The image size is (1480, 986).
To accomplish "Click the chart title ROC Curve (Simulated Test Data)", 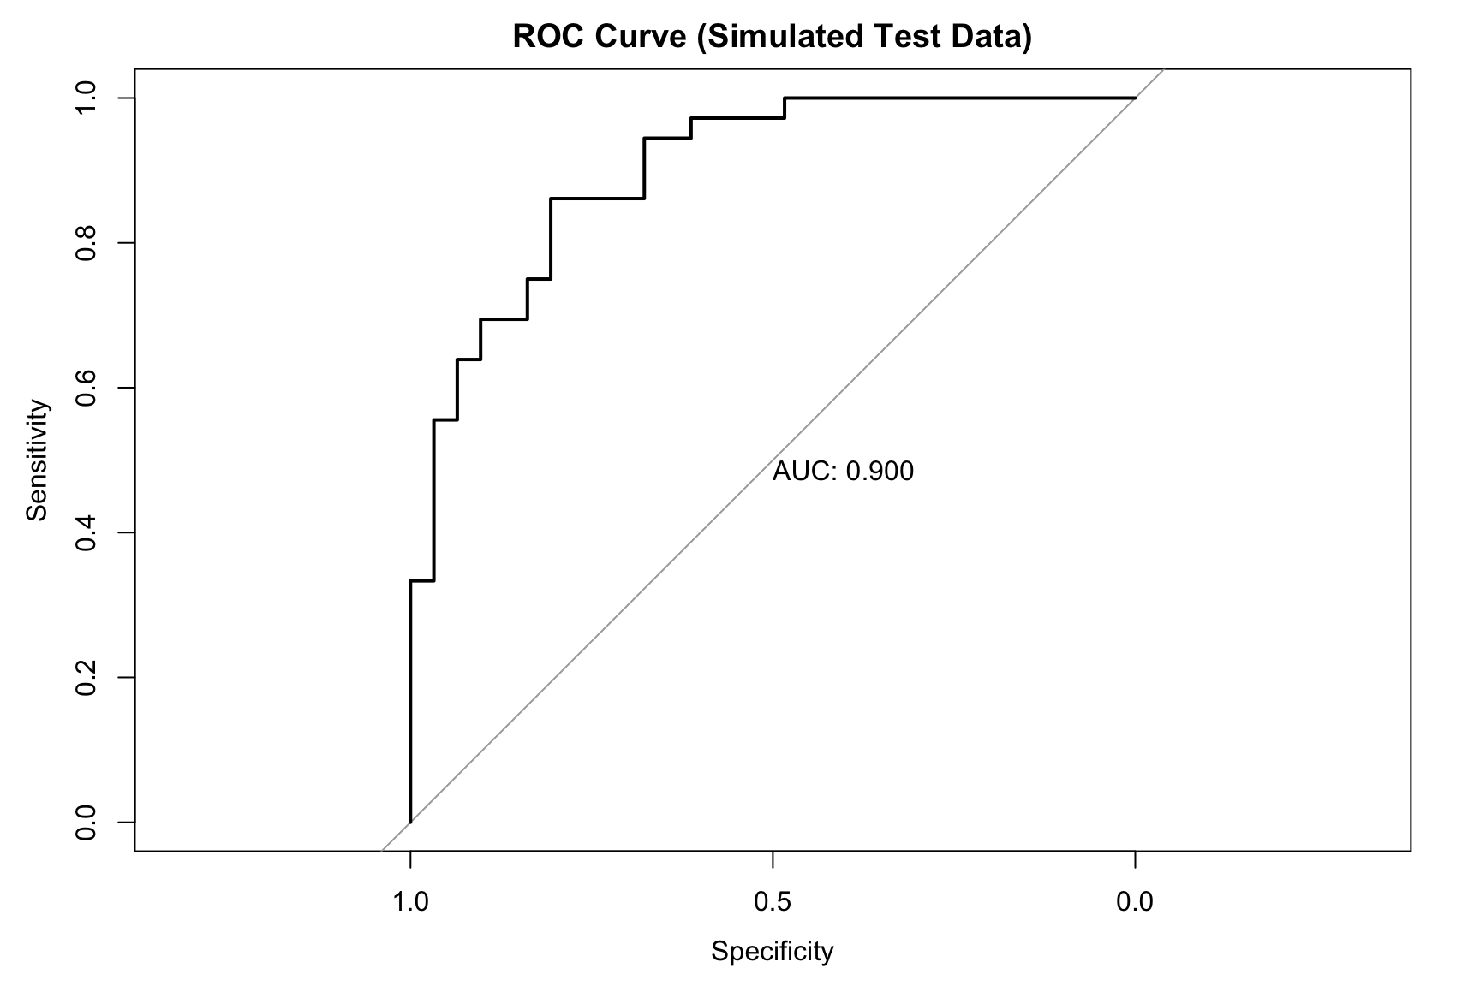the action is [772, 37].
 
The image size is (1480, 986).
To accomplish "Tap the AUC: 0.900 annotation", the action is [843, 471].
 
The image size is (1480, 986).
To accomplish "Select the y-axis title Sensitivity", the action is [38, 460].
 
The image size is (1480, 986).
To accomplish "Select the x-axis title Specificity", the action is [772, 952].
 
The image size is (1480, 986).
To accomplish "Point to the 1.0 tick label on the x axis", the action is [410, 902].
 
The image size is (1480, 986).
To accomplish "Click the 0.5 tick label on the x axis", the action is [773, 902].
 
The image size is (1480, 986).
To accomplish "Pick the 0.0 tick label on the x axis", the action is [1135, 902].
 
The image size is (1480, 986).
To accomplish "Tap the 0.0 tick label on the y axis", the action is [85, 823].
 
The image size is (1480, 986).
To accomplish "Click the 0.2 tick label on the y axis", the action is [85, 677].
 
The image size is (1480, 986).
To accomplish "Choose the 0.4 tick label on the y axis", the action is [85, 532].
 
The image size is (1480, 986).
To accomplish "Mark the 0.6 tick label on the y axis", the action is [85, 388].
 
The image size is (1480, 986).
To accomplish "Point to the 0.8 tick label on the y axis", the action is [85, 243].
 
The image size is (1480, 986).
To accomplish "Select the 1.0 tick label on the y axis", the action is [85, 98].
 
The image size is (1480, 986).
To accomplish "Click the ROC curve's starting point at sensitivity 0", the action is [410, 823].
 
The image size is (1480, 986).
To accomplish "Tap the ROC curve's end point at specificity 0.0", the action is [1135, 98].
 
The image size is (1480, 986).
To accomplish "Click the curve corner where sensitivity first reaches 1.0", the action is [785, 98].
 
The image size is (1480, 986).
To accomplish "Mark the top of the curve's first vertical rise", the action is [410, 581].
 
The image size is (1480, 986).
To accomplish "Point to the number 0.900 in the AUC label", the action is [880, 471].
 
